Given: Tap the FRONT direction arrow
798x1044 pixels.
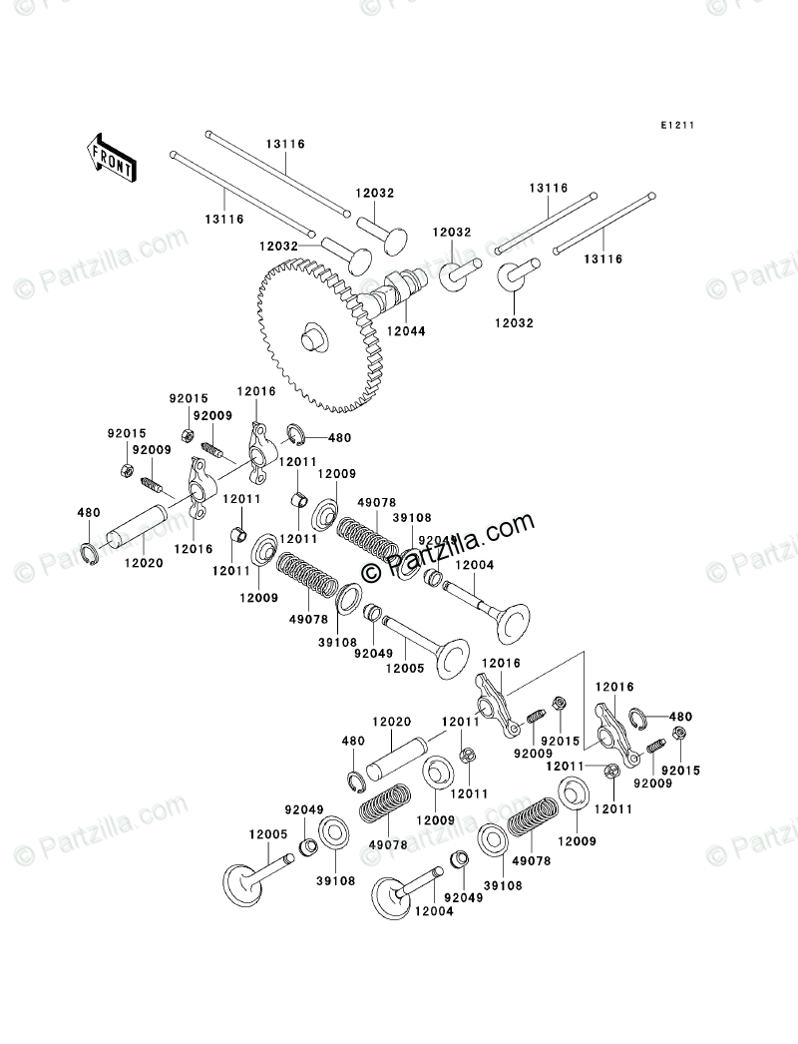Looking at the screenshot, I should [111, 157].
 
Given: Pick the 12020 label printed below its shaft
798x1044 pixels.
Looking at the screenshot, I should [139, 563].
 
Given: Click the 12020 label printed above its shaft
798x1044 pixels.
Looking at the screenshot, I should [392, 722].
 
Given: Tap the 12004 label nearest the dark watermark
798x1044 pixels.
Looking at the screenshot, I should [475, 566].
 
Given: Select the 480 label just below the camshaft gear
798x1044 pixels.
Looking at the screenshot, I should [339, 437].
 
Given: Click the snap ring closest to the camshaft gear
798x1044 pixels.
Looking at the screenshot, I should [296, 434].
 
